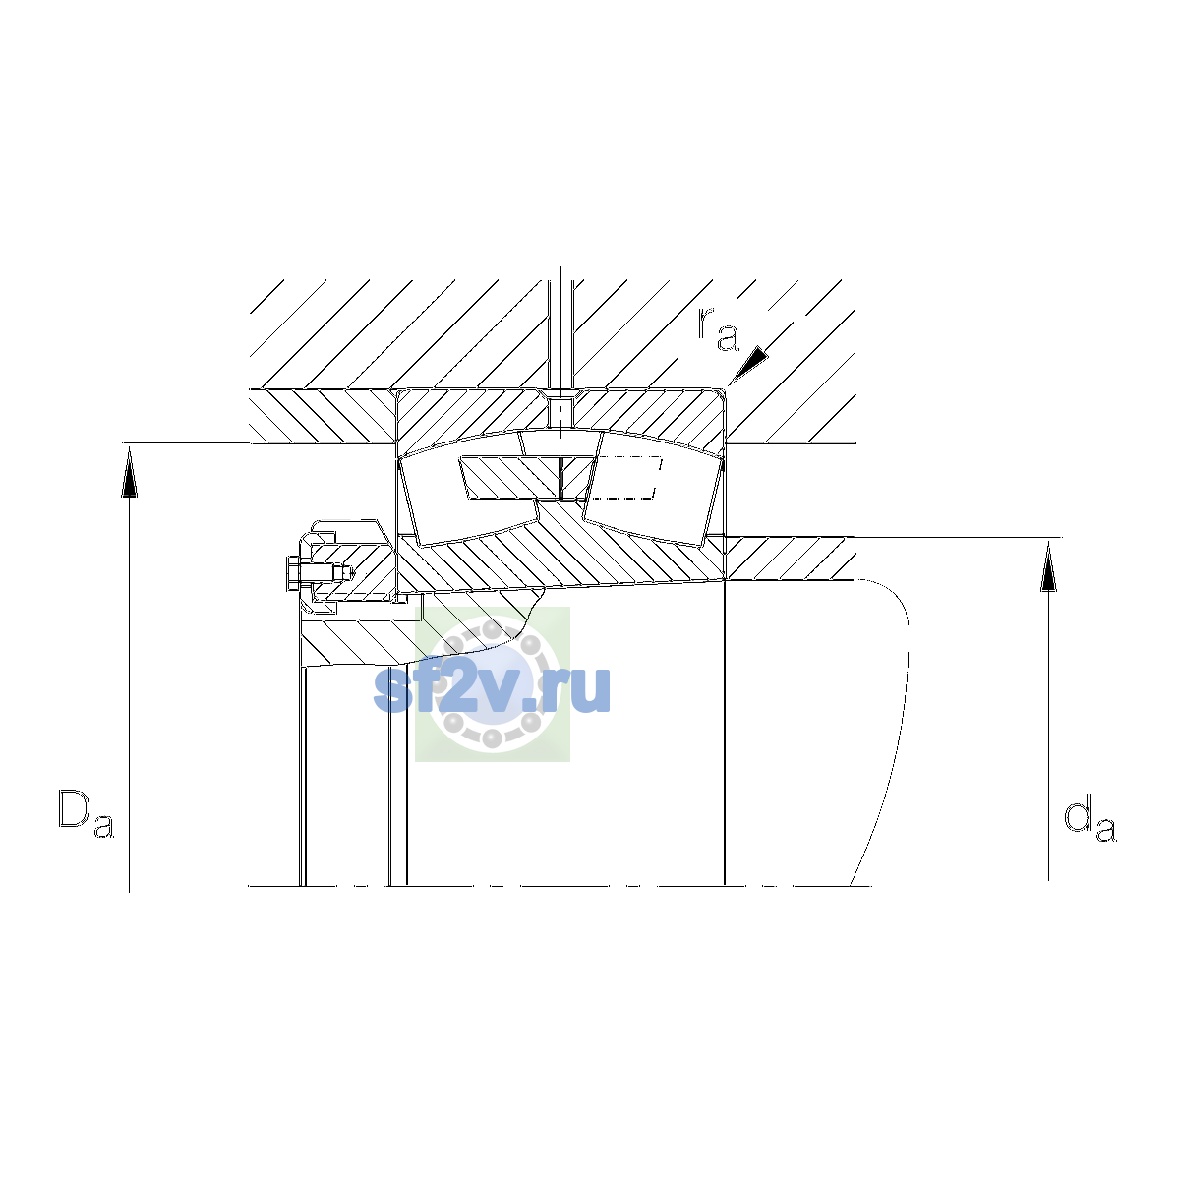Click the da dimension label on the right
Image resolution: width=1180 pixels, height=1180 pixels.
1090,820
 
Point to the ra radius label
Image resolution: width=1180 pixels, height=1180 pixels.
718,329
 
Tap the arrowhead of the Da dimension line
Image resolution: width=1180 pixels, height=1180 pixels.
129,472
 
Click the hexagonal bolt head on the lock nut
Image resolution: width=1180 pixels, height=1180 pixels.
292,573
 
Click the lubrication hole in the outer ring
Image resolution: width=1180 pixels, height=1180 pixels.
560,412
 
